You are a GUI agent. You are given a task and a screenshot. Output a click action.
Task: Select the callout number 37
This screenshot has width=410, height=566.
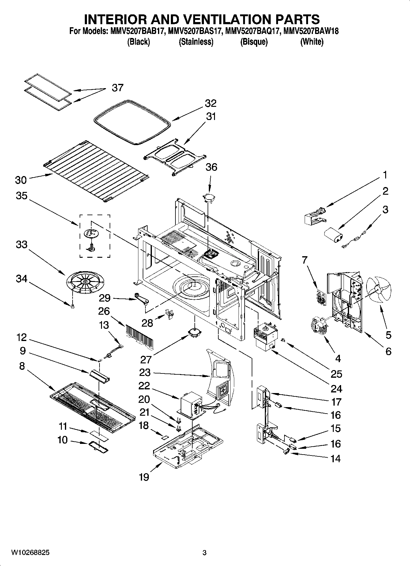[x=117, y=88]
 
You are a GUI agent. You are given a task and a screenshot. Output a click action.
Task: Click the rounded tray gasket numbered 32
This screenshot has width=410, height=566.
[x=132, y=122]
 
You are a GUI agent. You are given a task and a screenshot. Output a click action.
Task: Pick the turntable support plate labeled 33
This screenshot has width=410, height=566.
[x=85, y=280]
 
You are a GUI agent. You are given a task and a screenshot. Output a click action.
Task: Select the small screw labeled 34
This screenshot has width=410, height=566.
[x=72, y=306]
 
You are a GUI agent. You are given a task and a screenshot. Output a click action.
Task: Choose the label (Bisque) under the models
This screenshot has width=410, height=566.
[x=254, y=42]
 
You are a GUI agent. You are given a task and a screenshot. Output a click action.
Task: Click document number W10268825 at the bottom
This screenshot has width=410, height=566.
[x=30, y=553]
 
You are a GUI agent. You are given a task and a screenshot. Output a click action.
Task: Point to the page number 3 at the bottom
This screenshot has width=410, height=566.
[x=205, y=553]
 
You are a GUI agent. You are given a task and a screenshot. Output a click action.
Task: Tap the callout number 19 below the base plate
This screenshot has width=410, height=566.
[x=144, y=477]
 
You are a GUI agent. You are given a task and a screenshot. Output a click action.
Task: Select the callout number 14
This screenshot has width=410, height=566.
[x=336, y=458]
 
